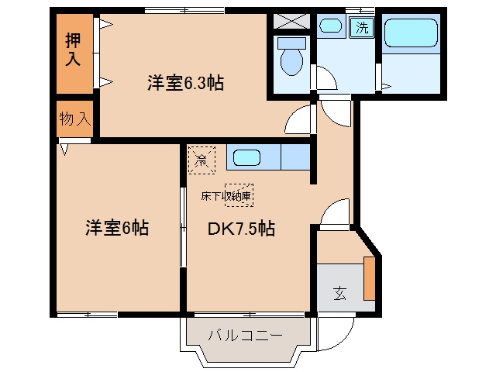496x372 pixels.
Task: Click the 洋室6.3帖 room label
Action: [186, 83]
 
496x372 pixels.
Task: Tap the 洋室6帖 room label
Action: [117, 228]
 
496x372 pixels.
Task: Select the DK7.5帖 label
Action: [241, 229]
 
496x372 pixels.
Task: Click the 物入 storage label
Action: [75, 119]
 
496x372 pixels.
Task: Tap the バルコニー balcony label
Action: [245, 335]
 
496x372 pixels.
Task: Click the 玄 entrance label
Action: [339, 293]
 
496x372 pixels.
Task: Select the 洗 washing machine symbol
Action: [362, 28]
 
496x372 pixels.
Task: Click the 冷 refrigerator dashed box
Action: [201, 160]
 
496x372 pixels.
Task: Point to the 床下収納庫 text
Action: [226, 196]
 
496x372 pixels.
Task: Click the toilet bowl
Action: [291, 57]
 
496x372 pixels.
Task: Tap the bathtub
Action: [411, 33]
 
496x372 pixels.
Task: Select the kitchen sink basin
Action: [246, 158]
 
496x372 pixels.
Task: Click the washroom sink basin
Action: [331, 26]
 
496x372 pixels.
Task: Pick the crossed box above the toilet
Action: [291, 21]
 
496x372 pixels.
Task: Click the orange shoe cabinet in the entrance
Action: [369, 278]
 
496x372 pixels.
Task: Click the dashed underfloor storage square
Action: [239, 195]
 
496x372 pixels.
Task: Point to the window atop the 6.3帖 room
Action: [184, 10]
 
